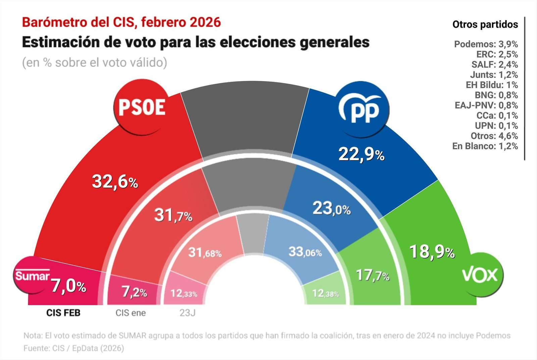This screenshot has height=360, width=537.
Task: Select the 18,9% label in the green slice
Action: (432, 252)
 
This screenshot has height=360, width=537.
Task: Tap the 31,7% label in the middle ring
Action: (173, 215)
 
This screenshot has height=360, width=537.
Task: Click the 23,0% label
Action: (332, 209)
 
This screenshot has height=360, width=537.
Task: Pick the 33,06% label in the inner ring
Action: (305, 252)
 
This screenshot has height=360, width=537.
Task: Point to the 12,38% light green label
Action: (325, 294)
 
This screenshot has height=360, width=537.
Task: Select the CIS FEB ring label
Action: (63, 313)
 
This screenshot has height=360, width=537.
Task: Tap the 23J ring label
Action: (187, 313)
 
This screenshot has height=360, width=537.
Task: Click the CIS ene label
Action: (131, 313)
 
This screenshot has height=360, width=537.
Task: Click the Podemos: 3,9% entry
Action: (486, 44)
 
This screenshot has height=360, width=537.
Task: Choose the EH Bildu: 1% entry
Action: (491, 85)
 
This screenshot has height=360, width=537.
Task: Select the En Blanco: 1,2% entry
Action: (485, 146)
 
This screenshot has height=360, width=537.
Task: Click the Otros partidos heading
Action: (485, 25)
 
